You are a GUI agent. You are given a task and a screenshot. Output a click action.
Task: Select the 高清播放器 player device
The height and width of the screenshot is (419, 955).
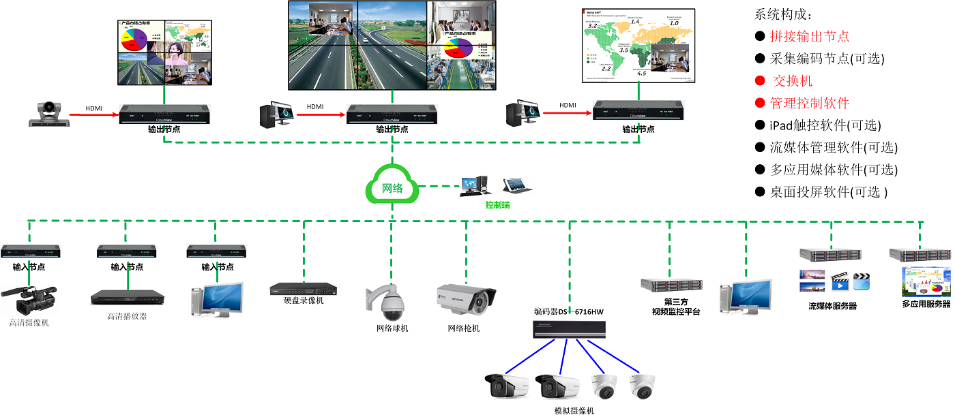127,298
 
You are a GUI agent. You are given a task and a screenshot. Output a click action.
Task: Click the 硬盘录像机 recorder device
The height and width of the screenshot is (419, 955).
303,289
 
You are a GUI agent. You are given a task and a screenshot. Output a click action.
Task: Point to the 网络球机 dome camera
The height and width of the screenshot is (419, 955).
391,302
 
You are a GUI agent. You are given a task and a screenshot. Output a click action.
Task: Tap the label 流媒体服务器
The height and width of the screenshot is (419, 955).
832,306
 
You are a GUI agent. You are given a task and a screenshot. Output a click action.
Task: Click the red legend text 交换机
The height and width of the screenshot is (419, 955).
792,81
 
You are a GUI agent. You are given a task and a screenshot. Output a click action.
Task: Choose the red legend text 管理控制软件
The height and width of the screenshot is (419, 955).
810,104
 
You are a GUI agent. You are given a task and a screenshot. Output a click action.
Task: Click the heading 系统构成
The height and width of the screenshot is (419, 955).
784,14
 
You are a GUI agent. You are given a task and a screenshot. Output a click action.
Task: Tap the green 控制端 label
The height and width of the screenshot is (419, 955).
497,204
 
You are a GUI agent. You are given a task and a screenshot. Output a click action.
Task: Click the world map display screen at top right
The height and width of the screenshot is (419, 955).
638,46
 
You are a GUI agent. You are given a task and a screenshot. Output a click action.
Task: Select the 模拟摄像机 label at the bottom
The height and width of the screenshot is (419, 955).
574,411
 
